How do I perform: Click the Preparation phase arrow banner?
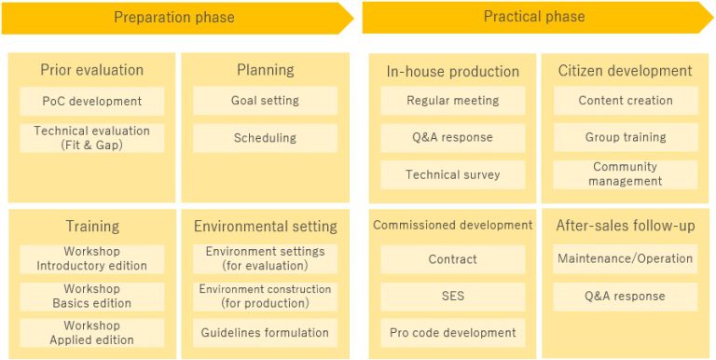[177, 18]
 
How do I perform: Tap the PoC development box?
[91, 101]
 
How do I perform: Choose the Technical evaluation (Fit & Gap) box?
[91, 138]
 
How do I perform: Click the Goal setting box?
[265, 101]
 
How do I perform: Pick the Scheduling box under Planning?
[265, 138]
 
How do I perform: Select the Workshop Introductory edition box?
[91, 258]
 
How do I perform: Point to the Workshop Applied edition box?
[91, 333]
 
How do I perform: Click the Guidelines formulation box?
[265, 333]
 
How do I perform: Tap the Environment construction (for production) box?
[265, 296]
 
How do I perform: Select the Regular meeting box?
[452, 101]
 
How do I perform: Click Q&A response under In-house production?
[452, 137]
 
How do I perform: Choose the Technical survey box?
[452, 174]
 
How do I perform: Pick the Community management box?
[626, 174]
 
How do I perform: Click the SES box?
[452, 296]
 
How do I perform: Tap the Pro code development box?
[452, 333]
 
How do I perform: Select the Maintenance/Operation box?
[626, 258]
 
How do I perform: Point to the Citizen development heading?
[626, 71]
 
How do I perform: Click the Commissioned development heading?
[452, 225]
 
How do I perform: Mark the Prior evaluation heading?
[91, 70]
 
